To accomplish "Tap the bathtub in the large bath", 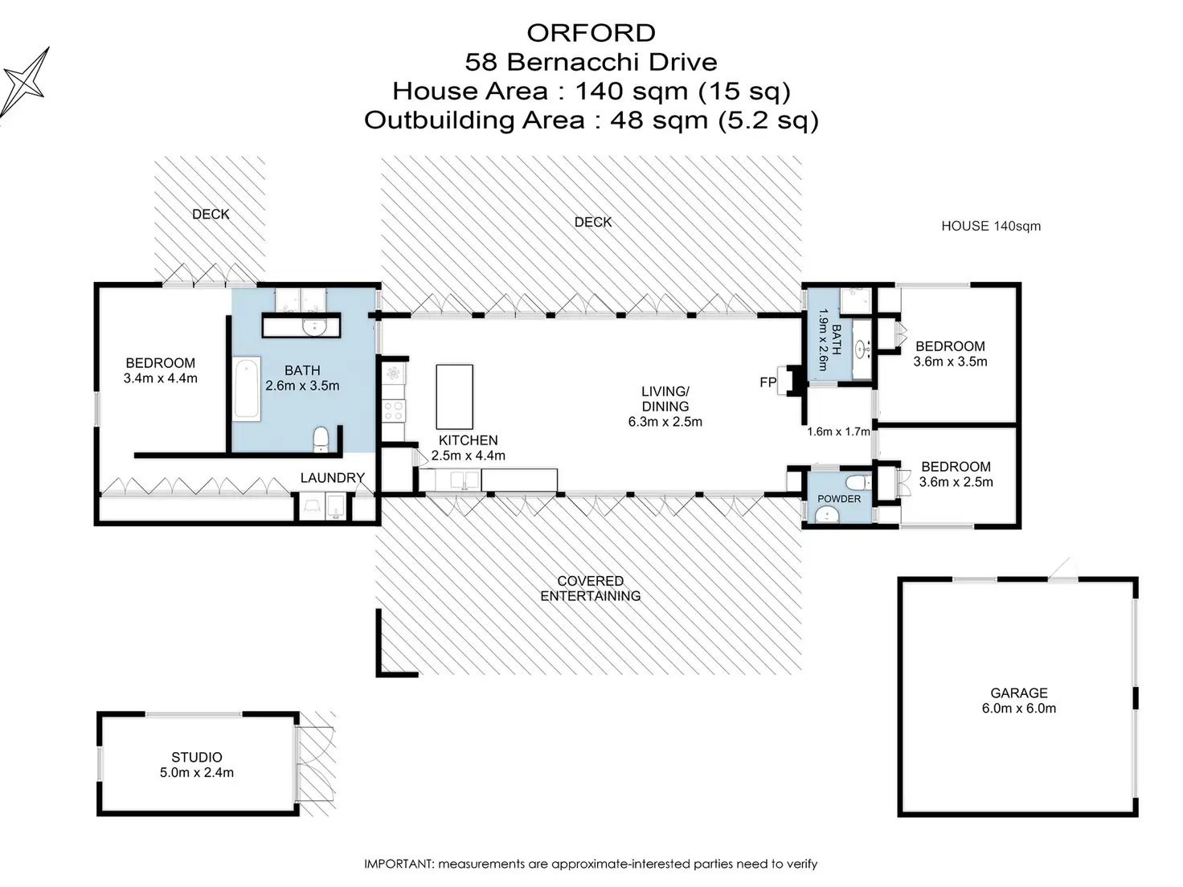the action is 247,389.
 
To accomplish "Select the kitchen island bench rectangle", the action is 454,397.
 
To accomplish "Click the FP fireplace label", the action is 768,382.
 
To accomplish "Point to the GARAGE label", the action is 1018,693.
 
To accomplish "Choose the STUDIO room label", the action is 197,757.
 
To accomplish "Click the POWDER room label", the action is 838,499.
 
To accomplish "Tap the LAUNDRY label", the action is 333,478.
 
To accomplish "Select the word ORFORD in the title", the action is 591,33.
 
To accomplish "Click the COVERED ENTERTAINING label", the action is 591,589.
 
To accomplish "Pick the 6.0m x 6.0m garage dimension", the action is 1018,708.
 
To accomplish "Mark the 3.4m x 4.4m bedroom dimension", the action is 160,378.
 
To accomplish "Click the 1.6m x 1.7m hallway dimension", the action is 838,431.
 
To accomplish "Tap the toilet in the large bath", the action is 321,439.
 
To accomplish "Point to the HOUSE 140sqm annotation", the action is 991,227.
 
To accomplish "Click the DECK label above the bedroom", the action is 211,215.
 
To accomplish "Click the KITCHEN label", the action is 468,440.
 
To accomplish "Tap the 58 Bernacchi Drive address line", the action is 591,62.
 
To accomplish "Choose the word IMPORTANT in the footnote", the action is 399,864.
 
